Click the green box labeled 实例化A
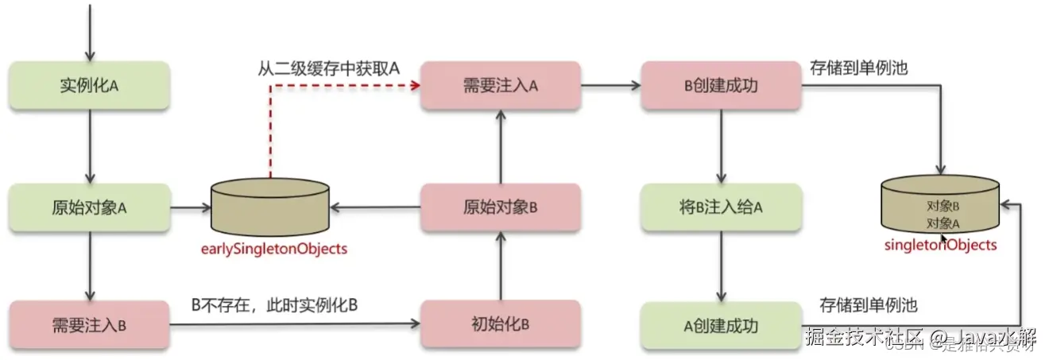pos(90,85)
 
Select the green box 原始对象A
pos(90,207)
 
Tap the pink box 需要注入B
pos(89,324)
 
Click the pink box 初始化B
pos(500,324)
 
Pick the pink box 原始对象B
pos(500,207)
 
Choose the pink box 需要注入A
pos(500,85)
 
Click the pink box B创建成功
pos(722,85)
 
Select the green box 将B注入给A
pos(722,207)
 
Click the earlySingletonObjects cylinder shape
pos(270,207)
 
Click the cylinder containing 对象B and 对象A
pos(941,205)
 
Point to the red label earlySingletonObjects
pos(273,249)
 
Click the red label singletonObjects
pos(940,245)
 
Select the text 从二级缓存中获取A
pos(328,69)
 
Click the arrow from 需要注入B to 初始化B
pos(294,324)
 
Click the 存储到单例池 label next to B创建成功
pos(859,69)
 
